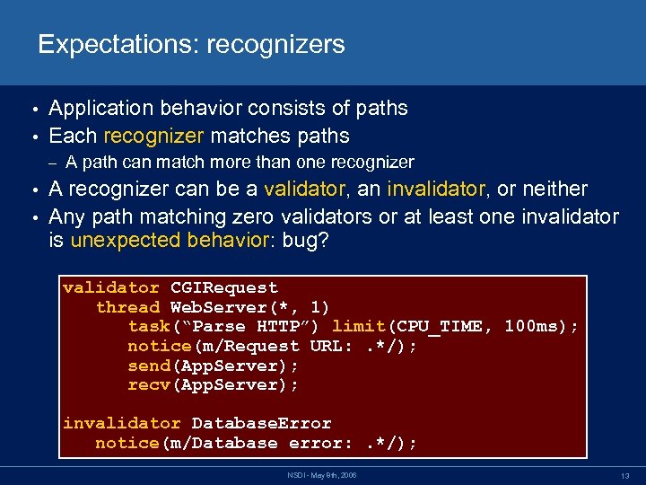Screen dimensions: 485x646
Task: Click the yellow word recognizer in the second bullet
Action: click(153, 136)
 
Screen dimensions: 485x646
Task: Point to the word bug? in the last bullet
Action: click(306, 242)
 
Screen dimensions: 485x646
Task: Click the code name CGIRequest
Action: click(224, 288)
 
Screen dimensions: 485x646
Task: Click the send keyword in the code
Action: click(149, 366)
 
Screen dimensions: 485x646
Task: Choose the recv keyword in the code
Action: click(149, 384)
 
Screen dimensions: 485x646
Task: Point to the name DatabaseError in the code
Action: click(262, 423)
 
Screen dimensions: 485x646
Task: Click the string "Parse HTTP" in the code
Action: click(252, 326)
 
